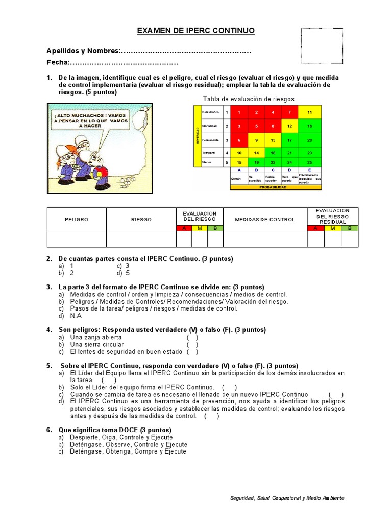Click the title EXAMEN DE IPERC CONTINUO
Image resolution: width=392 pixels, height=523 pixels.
tap(195, 31)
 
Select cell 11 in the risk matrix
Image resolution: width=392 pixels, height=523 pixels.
tap(309, 112)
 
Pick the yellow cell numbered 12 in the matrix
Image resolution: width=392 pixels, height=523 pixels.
tap(289, 126)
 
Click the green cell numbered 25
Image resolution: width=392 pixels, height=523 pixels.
tap(309, 162)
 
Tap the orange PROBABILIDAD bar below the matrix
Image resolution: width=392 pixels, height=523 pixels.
tap(276, 187)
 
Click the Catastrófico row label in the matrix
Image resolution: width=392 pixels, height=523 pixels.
tap(210, 112)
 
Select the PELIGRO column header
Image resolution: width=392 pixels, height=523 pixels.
tap(77, 219)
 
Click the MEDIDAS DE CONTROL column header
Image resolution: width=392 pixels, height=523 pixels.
tap(265, 219)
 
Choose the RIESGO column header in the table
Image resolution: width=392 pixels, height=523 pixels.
tap(141, 219)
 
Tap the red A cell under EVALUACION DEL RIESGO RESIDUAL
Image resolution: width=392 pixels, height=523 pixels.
tap(315, 228)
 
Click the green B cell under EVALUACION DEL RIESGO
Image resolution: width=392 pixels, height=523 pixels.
tap(215, 228)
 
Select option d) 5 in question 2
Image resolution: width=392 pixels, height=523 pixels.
tap(122, 273)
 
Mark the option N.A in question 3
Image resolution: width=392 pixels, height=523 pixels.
tap(76, 316)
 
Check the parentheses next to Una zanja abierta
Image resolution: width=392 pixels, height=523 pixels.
tap(192, 338)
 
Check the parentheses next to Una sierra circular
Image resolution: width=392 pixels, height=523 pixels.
tap(192, 345)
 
